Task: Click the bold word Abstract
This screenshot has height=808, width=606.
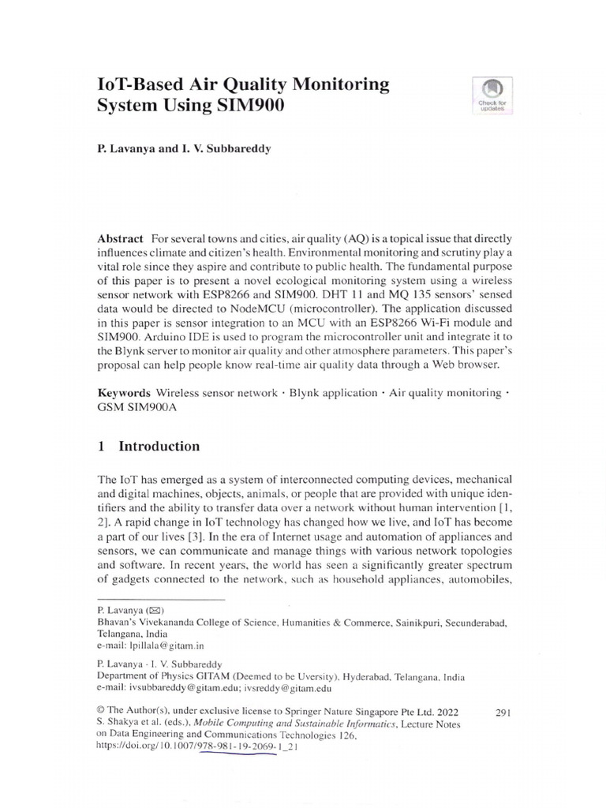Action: [120, 239]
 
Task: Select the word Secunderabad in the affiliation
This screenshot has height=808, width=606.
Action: [473, 622]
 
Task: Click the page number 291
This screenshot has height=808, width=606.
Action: [503, 713]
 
